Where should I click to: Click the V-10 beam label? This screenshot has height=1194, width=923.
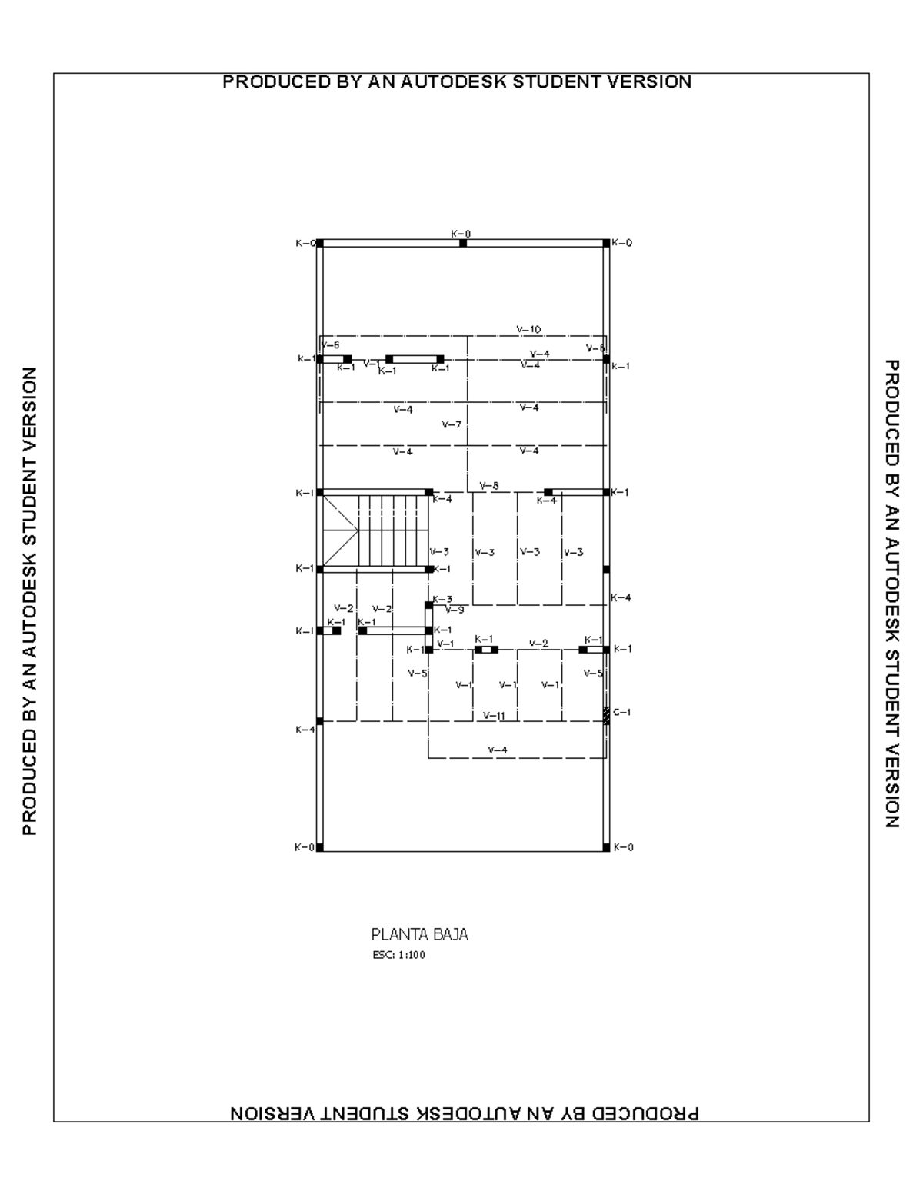point(528,329)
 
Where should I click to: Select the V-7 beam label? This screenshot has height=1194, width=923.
point(452,424)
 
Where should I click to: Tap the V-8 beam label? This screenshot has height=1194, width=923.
point(489,485)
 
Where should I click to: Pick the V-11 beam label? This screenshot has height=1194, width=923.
point(494,716)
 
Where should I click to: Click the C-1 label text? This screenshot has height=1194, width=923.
point(621,712)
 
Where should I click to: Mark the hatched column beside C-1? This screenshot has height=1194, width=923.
point(606,715)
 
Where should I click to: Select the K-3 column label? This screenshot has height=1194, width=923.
point(442,599)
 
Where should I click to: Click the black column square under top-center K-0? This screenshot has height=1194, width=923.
point(463,243)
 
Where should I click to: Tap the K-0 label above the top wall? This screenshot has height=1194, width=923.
point(461,233)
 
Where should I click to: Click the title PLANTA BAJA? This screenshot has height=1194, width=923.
point(419,935)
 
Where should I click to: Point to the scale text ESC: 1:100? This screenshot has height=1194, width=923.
point(398,956)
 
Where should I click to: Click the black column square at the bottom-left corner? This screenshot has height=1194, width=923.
point(320,847)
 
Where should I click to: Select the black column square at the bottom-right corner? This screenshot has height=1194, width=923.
point(606,847)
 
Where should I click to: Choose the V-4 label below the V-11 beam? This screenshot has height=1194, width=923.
point(498,750)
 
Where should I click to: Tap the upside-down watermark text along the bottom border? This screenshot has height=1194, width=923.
point(465,1113)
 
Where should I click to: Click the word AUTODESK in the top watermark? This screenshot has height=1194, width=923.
point(455,81)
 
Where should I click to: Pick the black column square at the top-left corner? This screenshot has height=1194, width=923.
point(320,243)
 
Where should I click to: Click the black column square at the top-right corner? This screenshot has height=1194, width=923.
point(606,243)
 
